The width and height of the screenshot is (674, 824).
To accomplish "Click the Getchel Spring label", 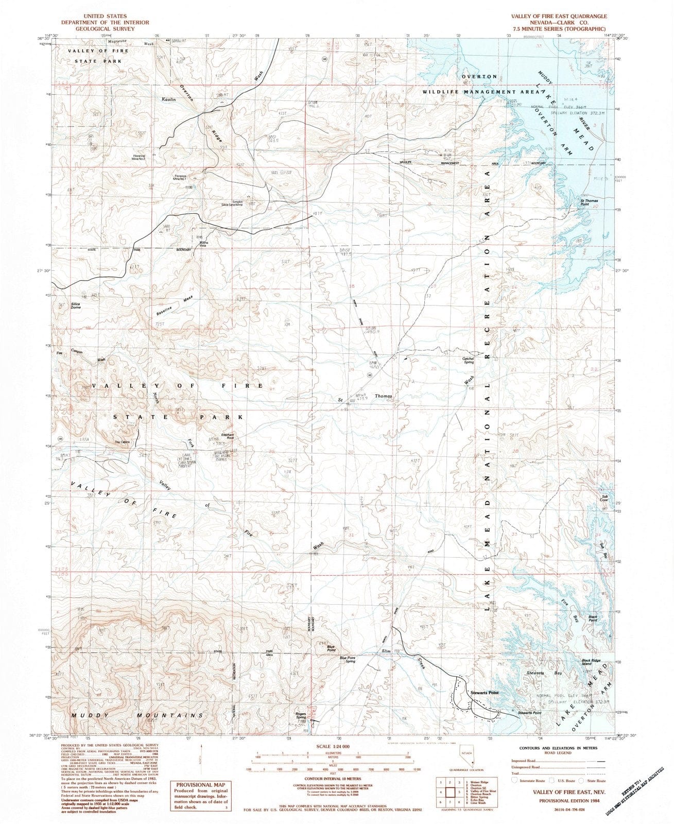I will pyautogui.click(x=468, y=360).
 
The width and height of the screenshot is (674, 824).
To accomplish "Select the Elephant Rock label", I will pyautogui.click(x=228, y=436).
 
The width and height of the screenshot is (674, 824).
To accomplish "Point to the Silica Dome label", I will pyautogui.click(x=62, y=305).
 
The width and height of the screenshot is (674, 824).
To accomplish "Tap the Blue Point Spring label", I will pyautogui.click(x=348, y=660).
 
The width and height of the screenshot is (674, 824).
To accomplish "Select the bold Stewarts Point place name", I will pyautogui.click(x=485, y=693).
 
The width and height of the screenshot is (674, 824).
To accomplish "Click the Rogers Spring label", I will pyautogui.click(x=301, y=715).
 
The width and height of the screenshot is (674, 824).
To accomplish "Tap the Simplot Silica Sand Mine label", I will pyautogui.click(x=232, y=203).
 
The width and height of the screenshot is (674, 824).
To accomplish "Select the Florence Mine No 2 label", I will pyautogui.click(x=139, y=157).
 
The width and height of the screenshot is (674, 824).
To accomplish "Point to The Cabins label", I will pyautogui.click(x=122, y=442).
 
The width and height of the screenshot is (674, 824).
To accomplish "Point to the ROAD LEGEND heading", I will pyautogui.click(x=551, y=752).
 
